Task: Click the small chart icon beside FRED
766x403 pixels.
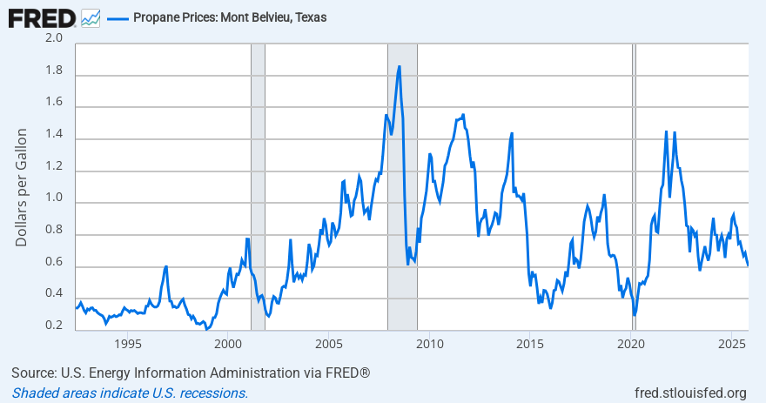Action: click(90, 17)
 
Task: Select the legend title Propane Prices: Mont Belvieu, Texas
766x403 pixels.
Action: click(230, 17)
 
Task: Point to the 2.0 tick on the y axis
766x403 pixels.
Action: click(54, 38)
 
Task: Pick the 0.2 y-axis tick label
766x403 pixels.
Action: click(54, 326)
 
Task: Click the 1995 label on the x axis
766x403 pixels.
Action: click(128, 342)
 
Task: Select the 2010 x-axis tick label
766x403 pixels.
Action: click(428, 342)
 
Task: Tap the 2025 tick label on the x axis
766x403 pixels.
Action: click(729, 342)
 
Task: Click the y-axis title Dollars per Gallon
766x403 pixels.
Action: click(22, 186)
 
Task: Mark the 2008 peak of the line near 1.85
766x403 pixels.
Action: click(400, 67)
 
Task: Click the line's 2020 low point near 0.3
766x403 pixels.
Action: click(635, 314)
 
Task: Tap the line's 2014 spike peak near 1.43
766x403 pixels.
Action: click(512, 133)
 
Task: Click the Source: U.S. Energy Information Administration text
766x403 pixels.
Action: click(191, 373)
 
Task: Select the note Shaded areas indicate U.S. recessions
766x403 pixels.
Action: click(130, 393)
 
